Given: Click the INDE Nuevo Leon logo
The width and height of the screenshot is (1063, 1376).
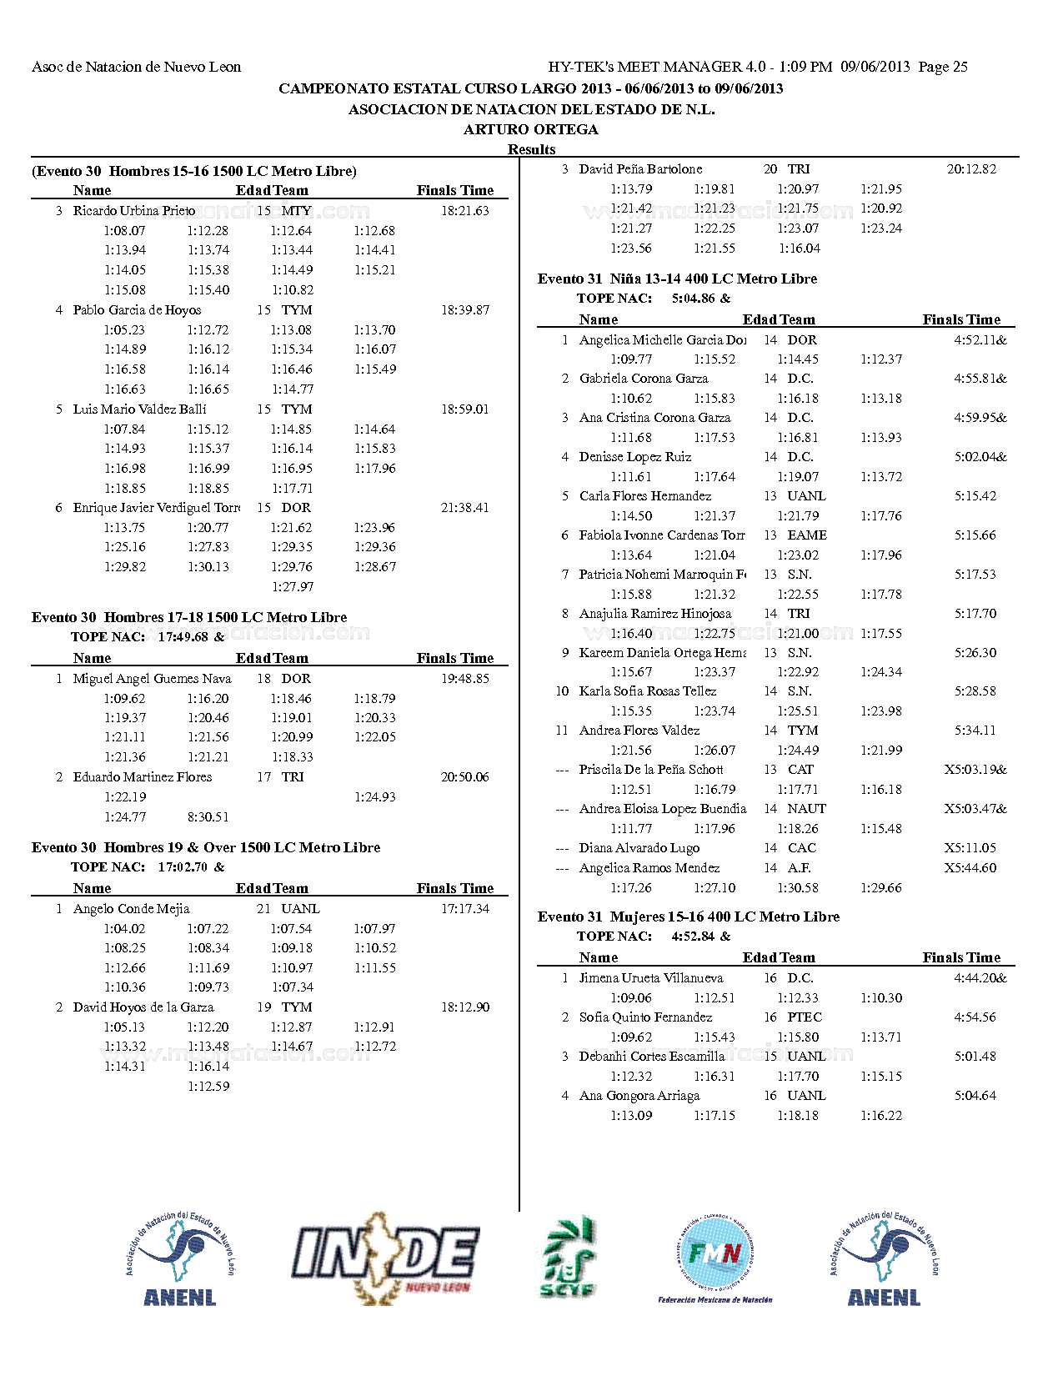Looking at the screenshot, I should click(385, 1258).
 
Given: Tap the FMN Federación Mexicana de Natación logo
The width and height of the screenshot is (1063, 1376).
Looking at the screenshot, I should click(715, 1258).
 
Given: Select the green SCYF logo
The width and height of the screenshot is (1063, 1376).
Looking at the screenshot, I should click(568, 1258).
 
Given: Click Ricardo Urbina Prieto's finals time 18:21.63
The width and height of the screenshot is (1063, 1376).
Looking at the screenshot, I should click(464, 211).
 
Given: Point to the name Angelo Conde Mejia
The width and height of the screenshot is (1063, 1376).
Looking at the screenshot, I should click(131, 909).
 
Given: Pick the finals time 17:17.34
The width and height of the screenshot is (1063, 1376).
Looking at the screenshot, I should click(464, 909).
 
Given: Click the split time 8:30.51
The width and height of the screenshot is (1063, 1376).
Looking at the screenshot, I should click(208, 817).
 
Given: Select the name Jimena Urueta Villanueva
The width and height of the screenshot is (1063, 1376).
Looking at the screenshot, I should click(651, 978).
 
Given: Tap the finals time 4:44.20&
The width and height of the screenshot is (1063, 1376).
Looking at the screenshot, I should click(980, 978).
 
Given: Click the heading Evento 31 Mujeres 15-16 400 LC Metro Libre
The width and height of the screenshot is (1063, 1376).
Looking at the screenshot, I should click(688, 916).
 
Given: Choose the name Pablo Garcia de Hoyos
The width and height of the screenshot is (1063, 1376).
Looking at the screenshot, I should click(137, 310).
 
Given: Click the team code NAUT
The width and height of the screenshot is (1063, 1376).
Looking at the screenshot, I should click(806, 809).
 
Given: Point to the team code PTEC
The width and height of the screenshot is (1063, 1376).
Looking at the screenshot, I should click(805, 1017).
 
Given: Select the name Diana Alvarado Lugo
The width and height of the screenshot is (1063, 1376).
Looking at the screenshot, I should click(639, 848).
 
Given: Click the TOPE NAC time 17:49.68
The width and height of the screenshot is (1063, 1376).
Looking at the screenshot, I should click(183, 637).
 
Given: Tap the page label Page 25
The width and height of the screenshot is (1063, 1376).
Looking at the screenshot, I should click(943, 67).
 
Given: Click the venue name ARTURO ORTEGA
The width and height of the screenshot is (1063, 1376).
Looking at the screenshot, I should click(531, 129).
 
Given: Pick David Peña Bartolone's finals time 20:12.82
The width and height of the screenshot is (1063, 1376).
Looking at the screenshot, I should click(971, 169).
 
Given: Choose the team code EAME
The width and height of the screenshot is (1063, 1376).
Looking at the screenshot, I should click(807, 535).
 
